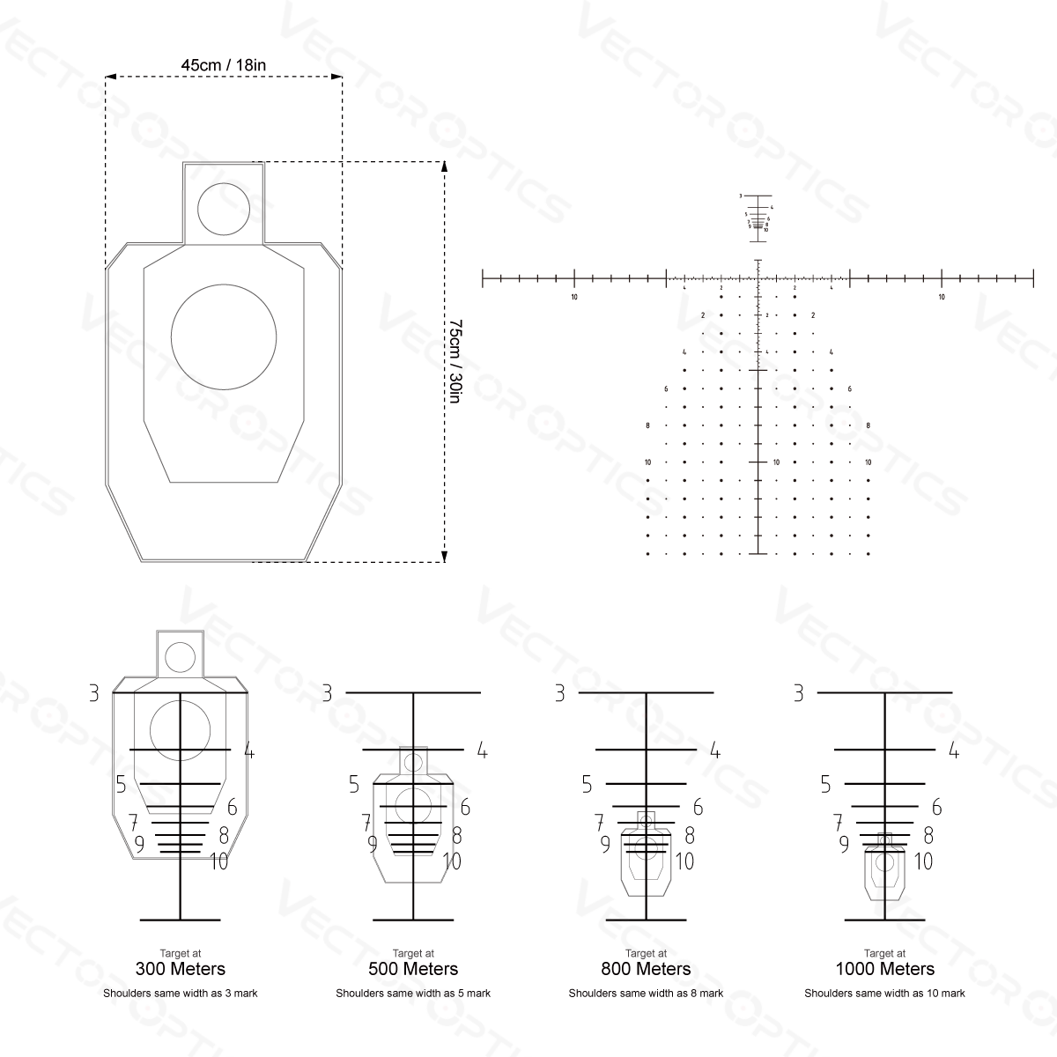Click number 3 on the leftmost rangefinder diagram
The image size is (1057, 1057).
(x=94, y=693)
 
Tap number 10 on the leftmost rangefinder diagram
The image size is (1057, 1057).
(x=218, y=861)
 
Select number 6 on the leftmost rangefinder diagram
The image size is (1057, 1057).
(x=232, y=807)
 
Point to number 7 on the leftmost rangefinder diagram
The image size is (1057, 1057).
(x=134, y=824)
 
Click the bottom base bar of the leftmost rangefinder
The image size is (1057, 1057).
(x=181, y=920)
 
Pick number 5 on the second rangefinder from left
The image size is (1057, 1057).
(x=354, y=784)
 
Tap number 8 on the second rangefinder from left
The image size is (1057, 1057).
(x=457, y=835)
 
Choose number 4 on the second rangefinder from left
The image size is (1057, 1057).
(x=482, y=750)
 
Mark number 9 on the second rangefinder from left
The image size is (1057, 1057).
(x=373, y=844)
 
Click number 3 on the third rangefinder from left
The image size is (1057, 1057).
(x=559, y=693)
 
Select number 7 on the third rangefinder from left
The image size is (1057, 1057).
(x=599, y=824)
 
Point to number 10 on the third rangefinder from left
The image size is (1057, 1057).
(x=684, y=861)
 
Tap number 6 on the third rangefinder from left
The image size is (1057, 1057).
(x=698, y=807)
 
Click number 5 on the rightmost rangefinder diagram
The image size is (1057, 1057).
(x=825, y=784)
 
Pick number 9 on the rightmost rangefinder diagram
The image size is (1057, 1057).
(x=844, y=844)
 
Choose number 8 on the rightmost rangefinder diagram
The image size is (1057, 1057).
(x=928, y=835)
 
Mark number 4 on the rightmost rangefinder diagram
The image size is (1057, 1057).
(x=953, y=750)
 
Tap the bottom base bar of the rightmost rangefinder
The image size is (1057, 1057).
(x=884, y=920)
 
